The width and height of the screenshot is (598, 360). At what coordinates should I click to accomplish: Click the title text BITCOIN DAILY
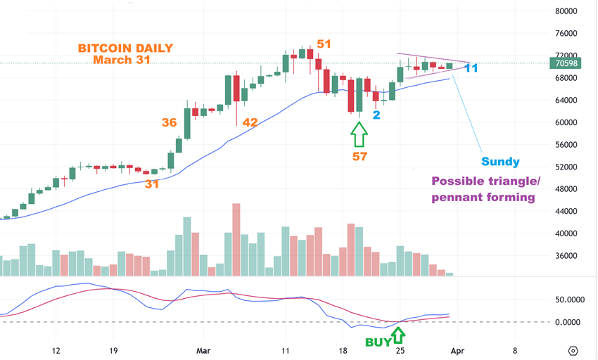click(125, 49)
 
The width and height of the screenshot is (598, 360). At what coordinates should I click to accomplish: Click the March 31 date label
click(122, 60)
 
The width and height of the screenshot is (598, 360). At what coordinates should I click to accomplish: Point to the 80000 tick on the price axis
click(566, 11)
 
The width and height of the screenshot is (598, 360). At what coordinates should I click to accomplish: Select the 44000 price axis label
click(566, 211)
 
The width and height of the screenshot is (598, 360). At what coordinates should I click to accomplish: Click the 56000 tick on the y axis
click(566, 145)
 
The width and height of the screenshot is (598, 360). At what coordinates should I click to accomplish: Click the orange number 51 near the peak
click(324, 44)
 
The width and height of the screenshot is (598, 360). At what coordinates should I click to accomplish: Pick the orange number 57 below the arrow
click(360, 156)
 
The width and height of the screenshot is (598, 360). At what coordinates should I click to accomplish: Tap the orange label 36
click(169, 122)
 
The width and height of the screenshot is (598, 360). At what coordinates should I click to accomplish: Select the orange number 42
click(250, 122)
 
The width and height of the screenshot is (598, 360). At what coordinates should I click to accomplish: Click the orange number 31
click(152, 184)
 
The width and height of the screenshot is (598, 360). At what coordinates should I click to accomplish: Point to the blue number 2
click(376, 114)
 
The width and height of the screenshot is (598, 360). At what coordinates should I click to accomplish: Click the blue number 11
click(471, 68)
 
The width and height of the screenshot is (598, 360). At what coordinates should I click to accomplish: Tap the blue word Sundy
click(500, 162)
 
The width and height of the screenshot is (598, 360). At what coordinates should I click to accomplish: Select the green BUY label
click(378, 342)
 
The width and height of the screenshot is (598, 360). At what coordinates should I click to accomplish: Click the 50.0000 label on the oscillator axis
click(562, 300)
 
